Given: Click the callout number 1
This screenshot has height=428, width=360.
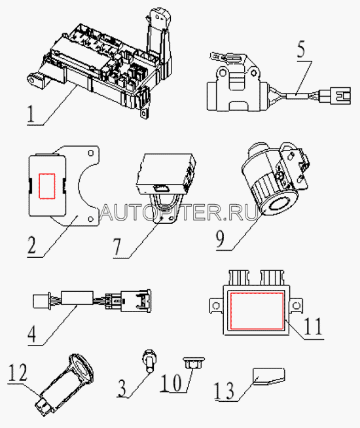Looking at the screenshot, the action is click(31, 114).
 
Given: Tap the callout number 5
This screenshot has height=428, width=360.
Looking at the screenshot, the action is click(301, 49).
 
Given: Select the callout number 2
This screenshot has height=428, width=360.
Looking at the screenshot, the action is click(31, 245).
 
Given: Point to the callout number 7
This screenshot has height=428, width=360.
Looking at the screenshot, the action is click(117, 247).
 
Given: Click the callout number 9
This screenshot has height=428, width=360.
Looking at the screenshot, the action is click(220, 239).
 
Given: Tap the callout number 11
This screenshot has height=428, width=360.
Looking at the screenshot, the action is click(313, 326).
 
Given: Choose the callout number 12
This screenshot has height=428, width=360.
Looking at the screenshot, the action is click(18, 372).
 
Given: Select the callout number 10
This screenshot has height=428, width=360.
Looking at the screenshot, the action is click(171, 382).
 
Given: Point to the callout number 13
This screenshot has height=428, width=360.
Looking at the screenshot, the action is click(224, 391).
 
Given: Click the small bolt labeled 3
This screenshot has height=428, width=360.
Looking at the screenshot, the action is click(150, 361).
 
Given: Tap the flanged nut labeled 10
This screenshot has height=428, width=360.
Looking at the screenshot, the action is click(194, 362).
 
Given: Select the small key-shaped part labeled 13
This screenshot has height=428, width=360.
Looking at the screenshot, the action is click(269, 376).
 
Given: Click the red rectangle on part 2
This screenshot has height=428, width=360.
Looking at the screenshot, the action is click(47, 186).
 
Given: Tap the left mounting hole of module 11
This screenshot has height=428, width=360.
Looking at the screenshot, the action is click(216, 305).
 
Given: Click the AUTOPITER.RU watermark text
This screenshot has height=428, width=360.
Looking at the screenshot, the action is click(179, 212).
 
